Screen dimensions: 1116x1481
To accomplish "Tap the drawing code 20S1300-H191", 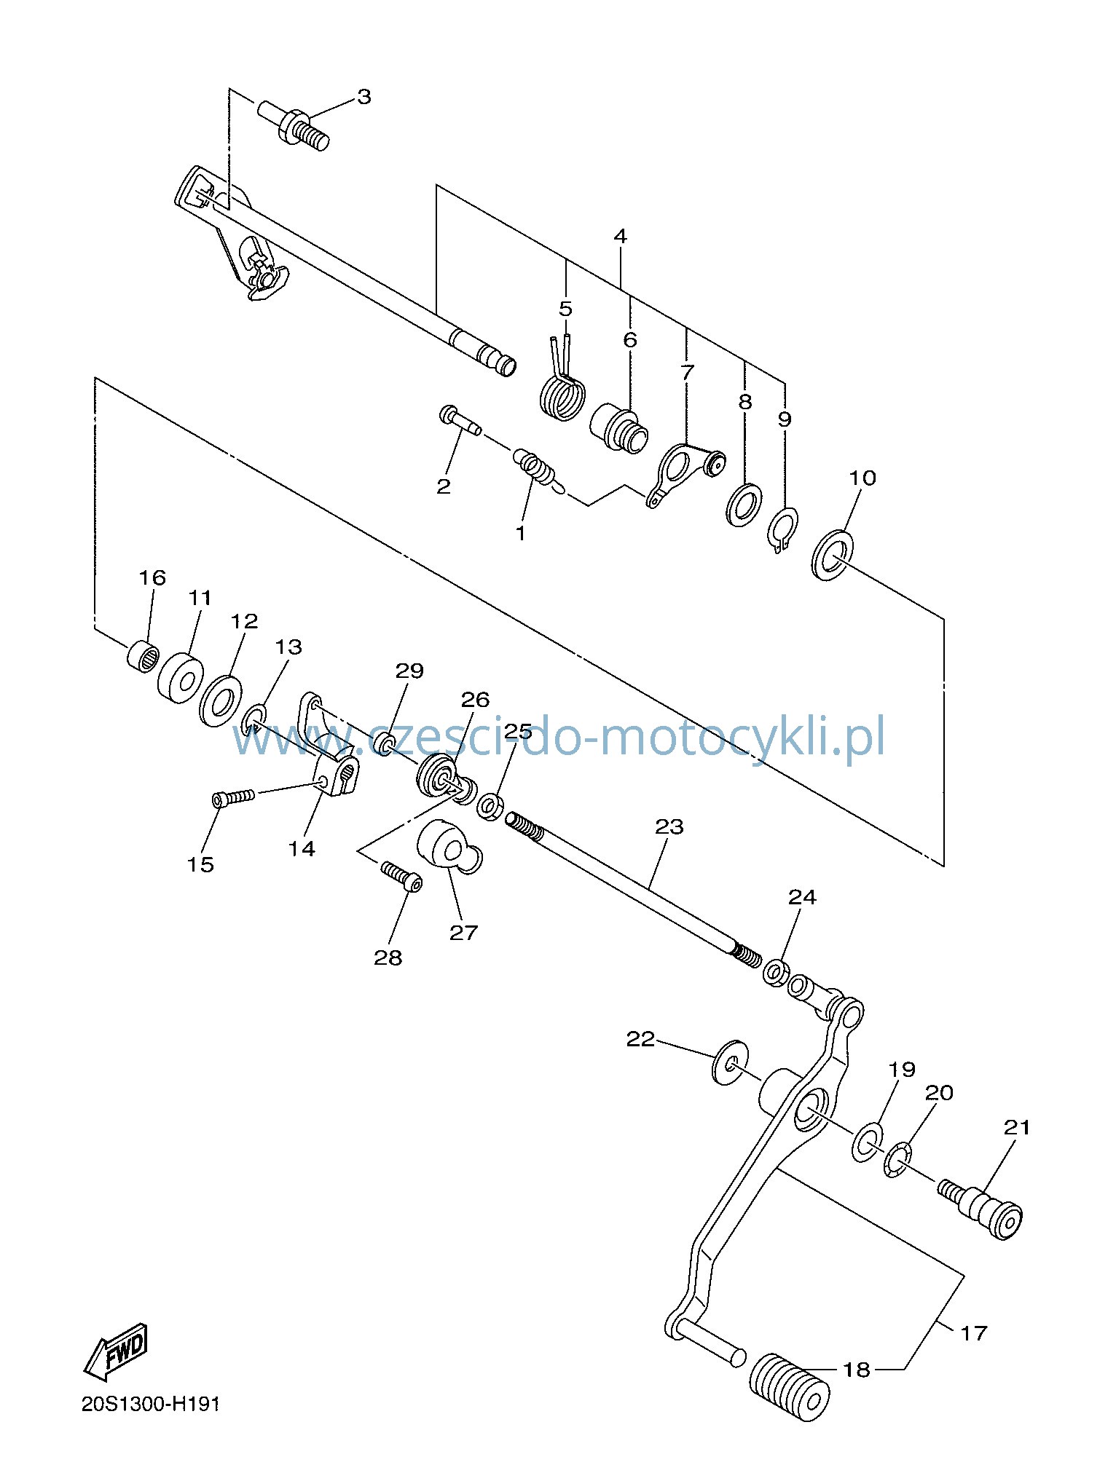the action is coord(151,1405).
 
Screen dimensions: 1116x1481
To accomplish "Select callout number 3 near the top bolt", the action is coord(364,97).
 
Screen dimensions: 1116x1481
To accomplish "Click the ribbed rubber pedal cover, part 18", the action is coord(790,1387).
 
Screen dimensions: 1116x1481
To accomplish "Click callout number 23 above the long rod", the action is coord(669,827).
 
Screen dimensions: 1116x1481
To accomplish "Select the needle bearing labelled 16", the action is coord(144,655).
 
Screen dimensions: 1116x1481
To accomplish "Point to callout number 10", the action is coord(862,478).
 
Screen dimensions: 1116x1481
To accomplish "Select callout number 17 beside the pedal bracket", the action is coord(973,1333).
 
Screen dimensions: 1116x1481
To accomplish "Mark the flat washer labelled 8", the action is coord(744,503).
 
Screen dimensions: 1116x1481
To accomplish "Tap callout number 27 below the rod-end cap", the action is coord(463,933).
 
